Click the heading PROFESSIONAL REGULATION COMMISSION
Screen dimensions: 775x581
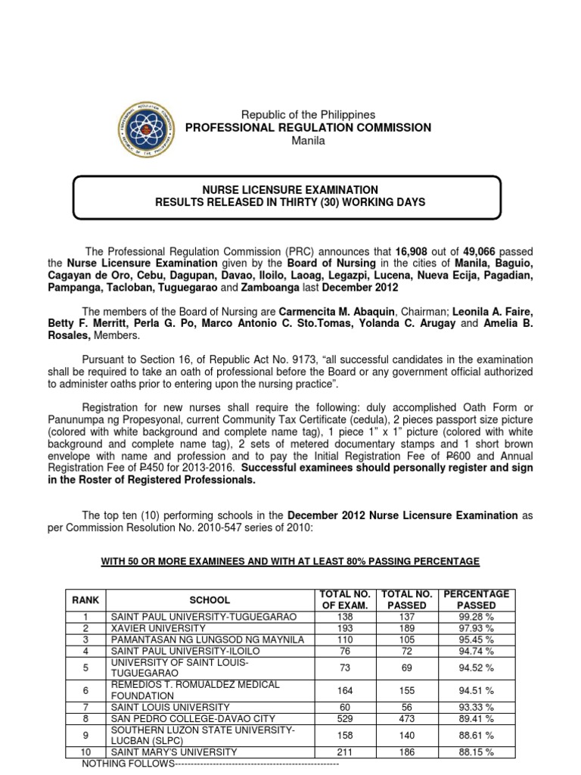coord(309,128)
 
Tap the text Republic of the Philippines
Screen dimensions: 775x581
coord(308,114)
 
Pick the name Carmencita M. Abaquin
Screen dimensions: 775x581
coord(337,311)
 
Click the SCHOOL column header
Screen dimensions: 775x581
coord(210,599)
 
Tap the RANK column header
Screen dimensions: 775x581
coord(85,599)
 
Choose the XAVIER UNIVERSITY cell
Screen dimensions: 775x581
coord(158,628)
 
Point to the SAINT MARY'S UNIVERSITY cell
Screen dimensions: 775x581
coord(174,752)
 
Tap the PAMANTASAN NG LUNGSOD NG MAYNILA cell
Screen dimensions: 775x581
coord(207,640)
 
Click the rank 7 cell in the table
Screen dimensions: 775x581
coord(85,707)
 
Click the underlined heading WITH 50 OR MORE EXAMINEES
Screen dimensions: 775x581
coord(290,561)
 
